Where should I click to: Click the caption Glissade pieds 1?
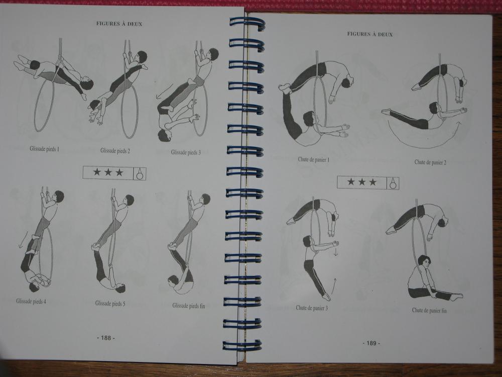pos(45,149)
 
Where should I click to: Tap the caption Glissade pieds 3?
pos(186,152)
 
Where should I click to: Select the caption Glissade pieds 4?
pos(31,301)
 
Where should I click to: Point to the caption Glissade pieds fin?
pos(189,306)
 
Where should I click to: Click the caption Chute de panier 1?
pos(313,159)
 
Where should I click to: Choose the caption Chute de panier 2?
pos(430,162)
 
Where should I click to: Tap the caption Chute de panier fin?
pos(429,310)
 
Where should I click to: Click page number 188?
pos(106,338)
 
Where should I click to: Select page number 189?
pos(371,343)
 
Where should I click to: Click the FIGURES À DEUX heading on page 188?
pos(119,24)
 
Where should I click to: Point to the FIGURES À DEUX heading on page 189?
pos(370,34)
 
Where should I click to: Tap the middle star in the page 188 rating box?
pos(108,172)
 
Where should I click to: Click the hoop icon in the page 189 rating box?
pos(393,183)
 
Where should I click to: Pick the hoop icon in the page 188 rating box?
pos(140,173)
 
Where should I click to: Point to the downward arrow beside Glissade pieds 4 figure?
pos(23,239)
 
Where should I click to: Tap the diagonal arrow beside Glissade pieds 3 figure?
pos(164,91)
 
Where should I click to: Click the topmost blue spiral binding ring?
pos(247,24)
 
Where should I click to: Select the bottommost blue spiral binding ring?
pos(242,345)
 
